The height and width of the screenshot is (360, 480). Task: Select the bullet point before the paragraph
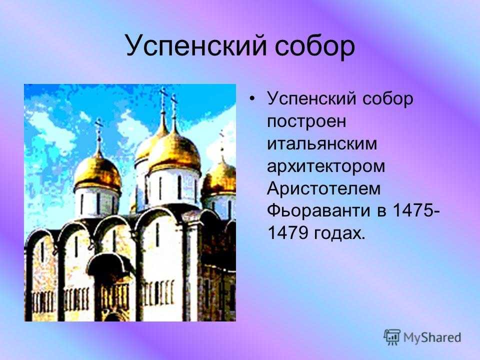(251, 98)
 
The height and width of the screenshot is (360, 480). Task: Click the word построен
(306, 121)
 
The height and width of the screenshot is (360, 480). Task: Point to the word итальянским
(322, 143)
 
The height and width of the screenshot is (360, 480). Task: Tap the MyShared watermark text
(432, 337)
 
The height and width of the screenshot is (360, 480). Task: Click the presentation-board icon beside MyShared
(392, 337)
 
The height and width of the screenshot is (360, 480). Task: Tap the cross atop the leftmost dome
(98, 128)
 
